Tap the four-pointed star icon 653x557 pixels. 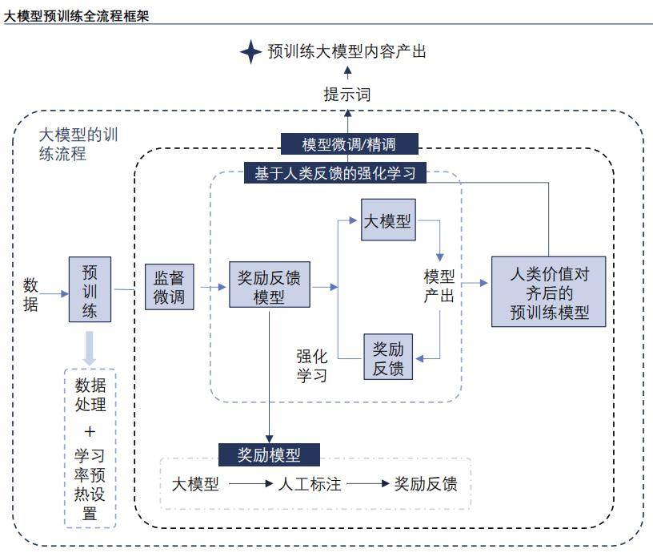point(251,52)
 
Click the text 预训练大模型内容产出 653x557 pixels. point(347,52)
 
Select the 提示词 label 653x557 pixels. point(347,95)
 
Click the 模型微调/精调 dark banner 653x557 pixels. point(349,144)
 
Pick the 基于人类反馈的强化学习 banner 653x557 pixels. point(335,173)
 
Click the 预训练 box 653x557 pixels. point(90,289)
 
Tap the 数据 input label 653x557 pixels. point(30,294)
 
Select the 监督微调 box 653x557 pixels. point(169,287)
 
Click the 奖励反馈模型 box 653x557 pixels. point(270,285)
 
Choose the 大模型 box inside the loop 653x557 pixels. point(388,220)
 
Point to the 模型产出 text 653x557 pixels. point(439,285)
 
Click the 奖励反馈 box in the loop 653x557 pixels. point(388,357)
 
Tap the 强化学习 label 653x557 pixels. point(312,365)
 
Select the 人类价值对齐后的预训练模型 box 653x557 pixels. point(549,292)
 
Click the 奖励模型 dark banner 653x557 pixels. point(270,455)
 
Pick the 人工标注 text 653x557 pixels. point(310,484)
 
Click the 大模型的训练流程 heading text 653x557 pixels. point(78,144)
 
